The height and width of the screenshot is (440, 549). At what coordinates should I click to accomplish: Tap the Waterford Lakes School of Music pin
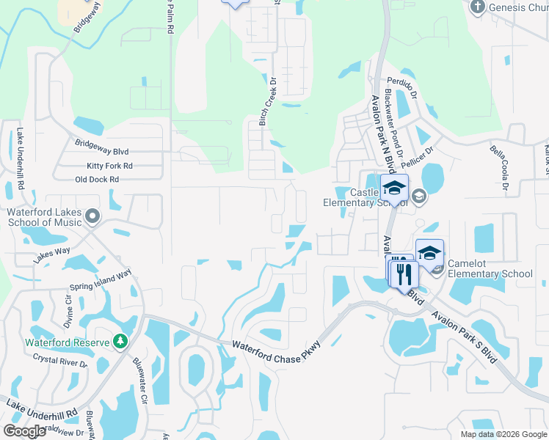pyautogui.click(x=92, y=216)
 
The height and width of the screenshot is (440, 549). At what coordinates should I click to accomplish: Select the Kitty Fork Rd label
pyautogui.click(x=109, y=166)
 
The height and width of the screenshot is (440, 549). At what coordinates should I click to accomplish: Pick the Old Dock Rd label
pyautogui.click(x=97, y=180)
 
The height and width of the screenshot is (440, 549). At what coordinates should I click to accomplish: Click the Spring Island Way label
pyautogui.click(x=100, y=280)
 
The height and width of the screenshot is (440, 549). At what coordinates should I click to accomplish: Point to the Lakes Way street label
pyautogui.click(x=51, y=254)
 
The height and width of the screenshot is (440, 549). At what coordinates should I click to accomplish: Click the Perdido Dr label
pyautogui.click(x=402, y=84)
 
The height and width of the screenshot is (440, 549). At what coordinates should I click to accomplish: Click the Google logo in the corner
pyautogui.click(x=25, y=431)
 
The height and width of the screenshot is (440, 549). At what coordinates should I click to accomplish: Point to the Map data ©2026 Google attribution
pyautogui.click(x=503, y=434)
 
